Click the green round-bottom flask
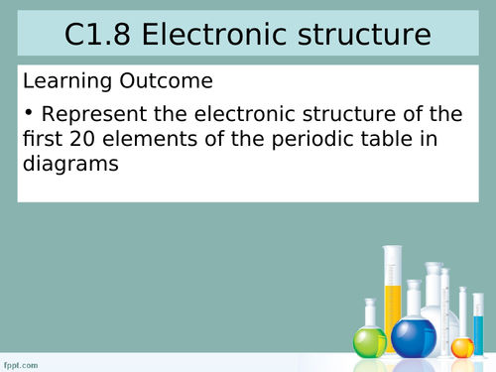tap(370, 341)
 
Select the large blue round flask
tap(414, 335)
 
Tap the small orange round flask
tap(462, 346)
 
